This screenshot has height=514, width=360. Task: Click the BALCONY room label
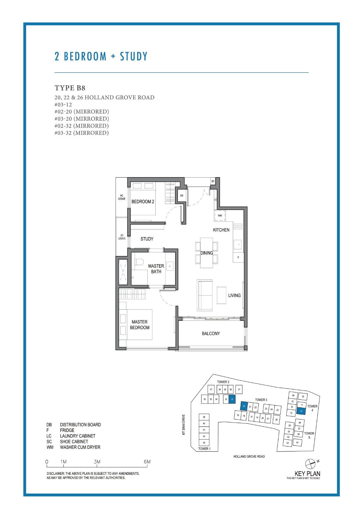point(211,333)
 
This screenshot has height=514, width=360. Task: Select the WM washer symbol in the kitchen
point(220,215)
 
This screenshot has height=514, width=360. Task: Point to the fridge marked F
point(238,257)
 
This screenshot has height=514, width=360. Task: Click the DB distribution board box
point(181,195)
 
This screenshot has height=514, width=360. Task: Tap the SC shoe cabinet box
point(213,181)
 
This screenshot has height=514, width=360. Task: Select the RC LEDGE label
point(121,197)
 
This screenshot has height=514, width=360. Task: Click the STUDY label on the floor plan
point(147,239)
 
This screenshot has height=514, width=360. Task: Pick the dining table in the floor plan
point(206,253)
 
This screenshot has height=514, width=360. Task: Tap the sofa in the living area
point(205,295)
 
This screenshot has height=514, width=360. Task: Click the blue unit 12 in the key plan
point(301,411)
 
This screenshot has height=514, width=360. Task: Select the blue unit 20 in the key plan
point(244,406)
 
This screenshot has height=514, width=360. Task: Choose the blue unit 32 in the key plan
point(232,399)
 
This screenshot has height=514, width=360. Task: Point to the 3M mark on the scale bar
point(97,462)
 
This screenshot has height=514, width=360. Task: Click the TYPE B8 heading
point(70,88)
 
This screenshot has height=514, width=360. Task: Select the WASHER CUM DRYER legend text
point(80,447)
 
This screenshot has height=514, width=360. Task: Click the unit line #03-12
point(63,104)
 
